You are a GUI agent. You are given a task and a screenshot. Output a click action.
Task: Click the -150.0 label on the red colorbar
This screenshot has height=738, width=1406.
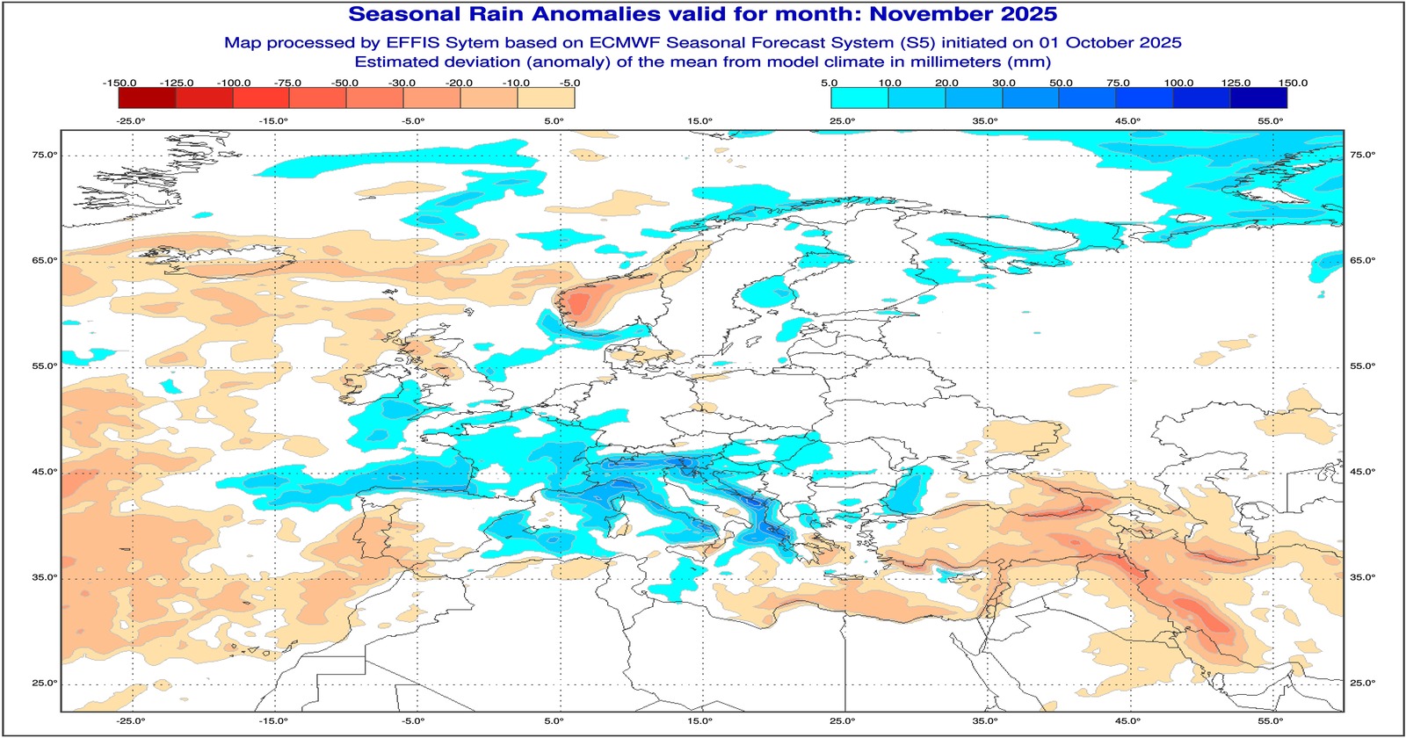point(120,83)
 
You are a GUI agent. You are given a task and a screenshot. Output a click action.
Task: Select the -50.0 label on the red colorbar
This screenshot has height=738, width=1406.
point(344,83)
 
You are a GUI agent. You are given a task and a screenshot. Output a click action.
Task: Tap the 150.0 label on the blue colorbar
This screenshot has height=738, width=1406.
point(1293,83)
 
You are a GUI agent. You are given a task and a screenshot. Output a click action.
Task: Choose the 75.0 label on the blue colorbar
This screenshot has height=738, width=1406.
point(1118,83)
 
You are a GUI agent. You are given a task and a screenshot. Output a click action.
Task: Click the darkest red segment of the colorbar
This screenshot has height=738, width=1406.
point(147,98)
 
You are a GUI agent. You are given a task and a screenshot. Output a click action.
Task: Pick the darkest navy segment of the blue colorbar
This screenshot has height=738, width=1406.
point(1258,98)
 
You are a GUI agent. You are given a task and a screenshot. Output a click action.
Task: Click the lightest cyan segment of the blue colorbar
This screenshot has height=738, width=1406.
point(859,98)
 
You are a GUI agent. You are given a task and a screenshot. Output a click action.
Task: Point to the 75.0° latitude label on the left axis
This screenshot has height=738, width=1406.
point(45,155)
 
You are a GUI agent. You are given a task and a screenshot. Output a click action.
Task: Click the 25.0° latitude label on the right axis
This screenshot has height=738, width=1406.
point(1362,683)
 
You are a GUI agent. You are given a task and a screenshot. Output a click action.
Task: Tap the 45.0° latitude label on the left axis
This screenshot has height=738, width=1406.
point(45,472)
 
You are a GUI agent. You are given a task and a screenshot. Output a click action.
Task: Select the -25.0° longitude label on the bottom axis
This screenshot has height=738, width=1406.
point(130,721)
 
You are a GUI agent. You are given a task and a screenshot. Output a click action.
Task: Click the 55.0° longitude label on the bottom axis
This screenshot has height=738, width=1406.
point(1271,721)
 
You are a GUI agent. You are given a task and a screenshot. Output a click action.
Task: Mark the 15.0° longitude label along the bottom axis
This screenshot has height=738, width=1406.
point(699,721)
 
